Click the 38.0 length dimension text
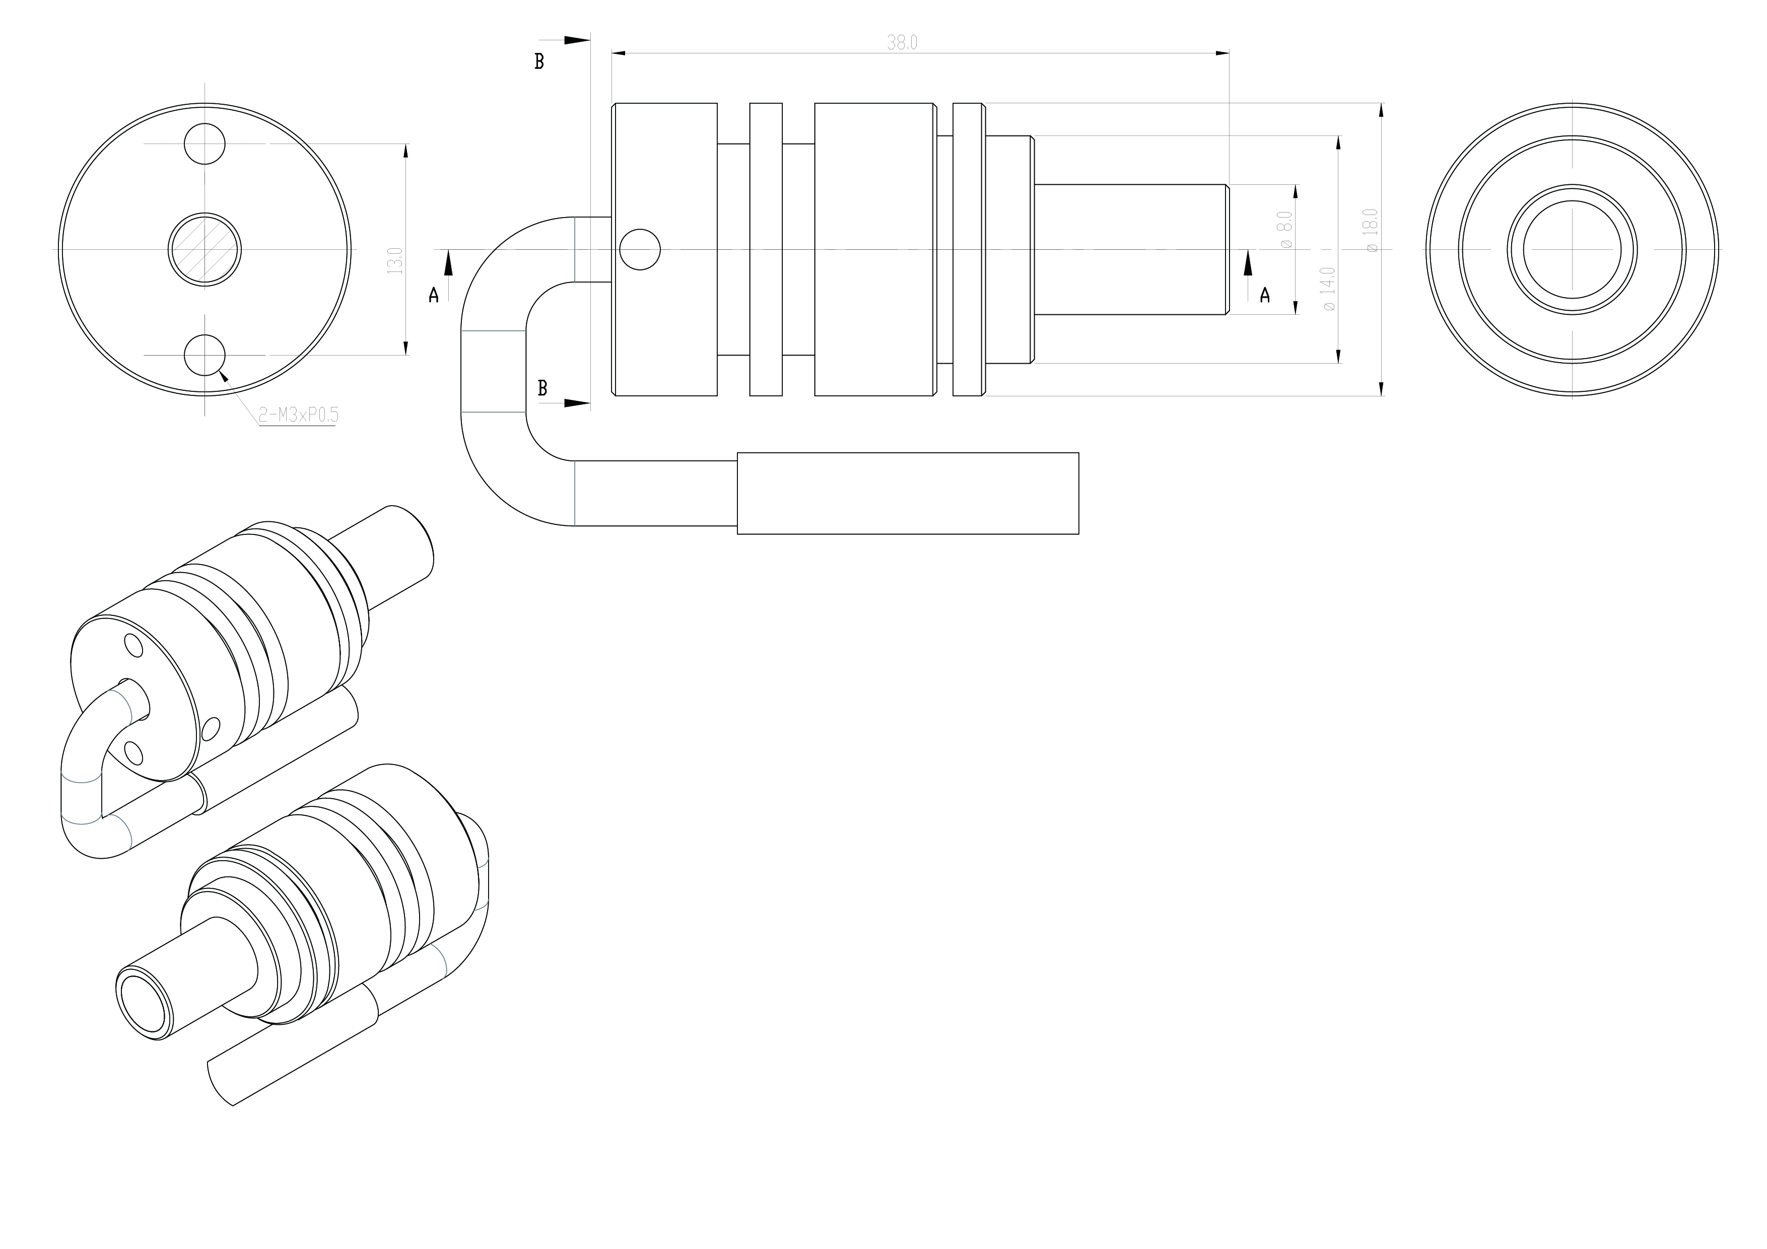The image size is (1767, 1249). coord(902,43)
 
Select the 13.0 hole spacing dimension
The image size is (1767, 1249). coord(395,261)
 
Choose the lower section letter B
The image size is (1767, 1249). coord(542,389)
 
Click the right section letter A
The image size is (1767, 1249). coord(1264,295)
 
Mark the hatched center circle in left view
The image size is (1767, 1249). coord(205,249)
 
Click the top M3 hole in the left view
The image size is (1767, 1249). coord(205,144)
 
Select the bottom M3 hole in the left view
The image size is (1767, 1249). coord(205,355)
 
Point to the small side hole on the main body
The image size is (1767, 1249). coord(640,249)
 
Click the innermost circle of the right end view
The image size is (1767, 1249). coord(1572,249)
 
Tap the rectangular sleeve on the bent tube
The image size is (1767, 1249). coord(908,493)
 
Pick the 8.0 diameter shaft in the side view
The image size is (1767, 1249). coord(1130,249)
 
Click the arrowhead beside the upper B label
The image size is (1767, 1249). coord(577,40)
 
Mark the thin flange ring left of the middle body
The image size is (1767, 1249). coord(766,249)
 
